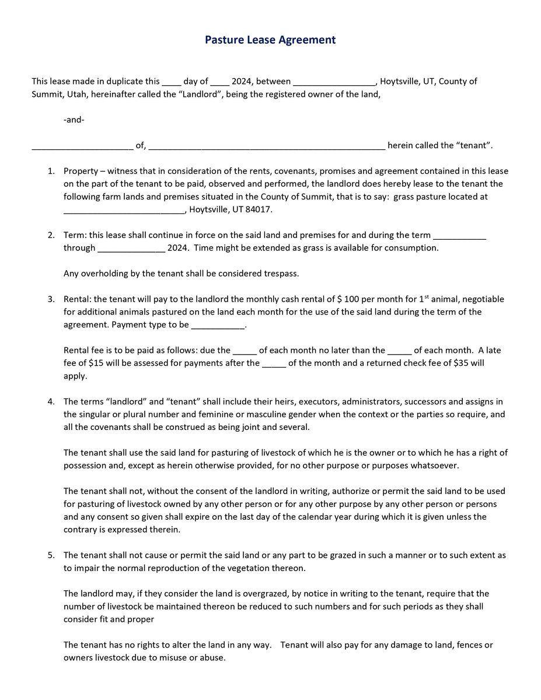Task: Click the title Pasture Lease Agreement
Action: (270, 40)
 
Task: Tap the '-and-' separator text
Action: (74, 120)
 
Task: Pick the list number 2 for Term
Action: (51, 235)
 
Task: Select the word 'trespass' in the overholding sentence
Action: (281, 274)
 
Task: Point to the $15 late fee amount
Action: (95, 363)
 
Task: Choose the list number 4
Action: (51, 402)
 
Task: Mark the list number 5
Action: (51, 555)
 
